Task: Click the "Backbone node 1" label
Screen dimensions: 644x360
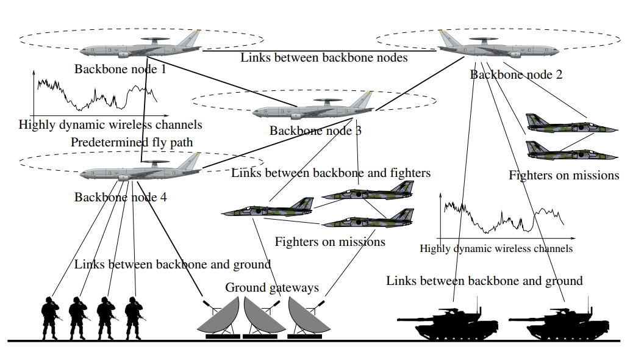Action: (120, 69)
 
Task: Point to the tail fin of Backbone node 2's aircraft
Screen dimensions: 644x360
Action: (447, 38)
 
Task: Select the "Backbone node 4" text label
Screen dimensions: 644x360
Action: (120, 197)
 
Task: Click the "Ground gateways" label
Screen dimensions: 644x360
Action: (272, 287)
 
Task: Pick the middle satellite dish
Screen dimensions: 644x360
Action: (262, 317)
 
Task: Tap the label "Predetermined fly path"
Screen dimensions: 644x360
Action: (132, 142)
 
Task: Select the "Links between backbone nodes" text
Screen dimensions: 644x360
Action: (324, 57)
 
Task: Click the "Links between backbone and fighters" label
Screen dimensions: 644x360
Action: (331, 173)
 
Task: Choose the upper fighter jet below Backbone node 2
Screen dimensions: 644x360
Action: (571, 123)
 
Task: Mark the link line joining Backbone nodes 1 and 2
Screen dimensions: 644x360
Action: (320, 51)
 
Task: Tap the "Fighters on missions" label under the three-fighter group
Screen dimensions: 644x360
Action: (330, 242)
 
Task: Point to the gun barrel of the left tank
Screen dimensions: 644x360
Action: (415, 319)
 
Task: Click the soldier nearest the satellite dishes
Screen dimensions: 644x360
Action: (134, 318)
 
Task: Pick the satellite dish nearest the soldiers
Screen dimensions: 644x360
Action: (219, 317)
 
